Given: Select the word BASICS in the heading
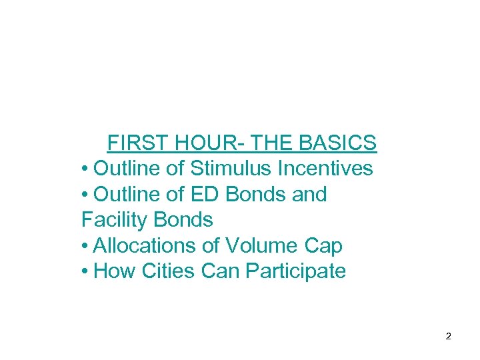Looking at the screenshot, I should click(338, 143).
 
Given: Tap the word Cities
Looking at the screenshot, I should click(164, 271).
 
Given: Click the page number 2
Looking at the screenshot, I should click(448, 337).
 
